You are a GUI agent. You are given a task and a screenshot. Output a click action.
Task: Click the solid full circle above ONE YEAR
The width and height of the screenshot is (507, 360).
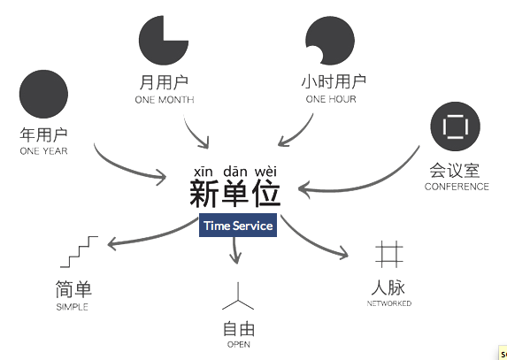pos(43,94)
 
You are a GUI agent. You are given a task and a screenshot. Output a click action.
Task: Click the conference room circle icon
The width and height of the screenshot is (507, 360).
pos(456,126)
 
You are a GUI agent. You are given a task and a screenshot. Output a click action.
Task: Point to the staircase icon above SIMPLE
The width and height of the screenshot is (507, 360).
pos(79,252)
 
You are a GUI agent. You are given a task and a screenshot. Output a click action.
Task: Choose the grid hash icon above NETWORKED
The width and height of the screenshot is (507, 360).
pos(389,254)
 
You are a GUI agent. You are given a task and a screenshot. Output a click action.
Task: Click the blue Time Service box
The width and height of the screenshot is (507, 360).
pos(238,226)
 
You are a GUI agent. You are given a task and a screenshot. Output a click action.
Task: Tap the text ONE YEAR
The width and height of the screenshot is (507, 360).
pos(43,151)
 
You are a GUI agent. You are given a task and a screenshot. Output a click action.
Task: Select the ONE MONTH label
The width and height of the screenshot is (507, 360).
pos(165,100)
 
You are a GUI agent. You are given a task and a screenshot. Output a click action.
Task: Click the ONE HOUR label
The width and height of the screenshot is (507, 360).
pos(331,99)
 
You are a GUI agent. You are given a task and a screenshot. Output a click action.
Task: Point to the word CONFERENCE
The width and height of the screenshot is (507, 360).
pos(457,187)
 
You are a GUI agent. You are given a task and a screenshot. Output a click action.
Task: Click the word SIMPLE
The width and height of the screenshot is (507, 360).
pos(72,307)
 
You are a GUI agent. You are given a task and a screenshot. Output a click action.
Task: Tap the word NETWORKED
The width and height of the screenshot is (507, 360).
pos(389,303)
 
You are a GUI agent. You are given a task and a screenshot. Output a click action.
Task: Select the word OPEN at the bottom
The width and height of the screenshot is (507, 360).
pos(239,344)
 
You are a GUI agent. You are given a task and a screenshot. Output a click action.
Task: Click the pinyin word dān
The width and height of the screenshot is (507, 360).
pos(235,172)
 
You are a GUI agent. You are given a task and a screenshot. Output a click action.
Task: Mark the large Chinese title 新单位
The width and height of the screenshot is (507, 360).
pos(234,193)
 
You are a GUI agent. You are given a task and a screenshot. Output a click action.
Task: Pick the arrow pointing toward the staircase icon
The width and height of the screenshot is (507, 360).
pos(152,238)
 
